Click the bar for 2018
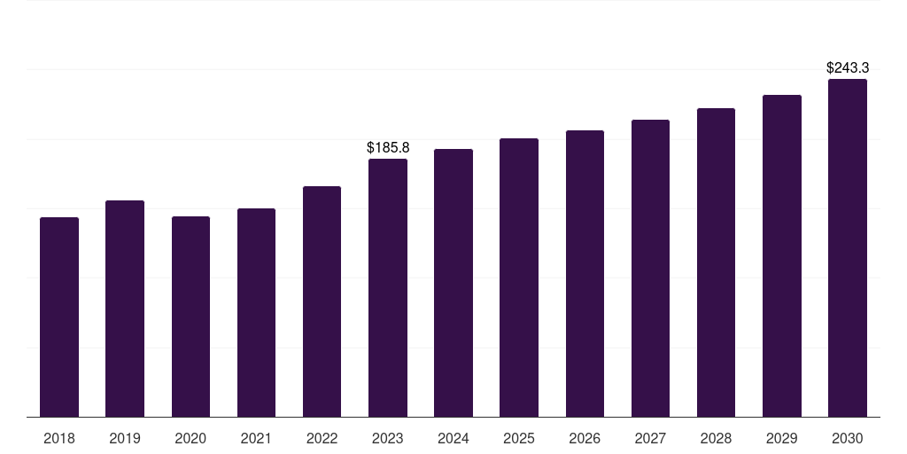click(x=59, y=317)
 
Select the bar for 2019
click(x=125, y=309)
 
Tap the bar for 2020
click(x=190, y=317)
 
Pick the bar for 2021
click(x=256, y=313)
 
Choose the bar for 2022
click(x=322, y=301)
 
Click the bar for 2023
click(x=388, y=288)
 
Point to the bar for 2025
click(x=519, y=278)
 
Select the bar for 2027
click(x=650, y=268)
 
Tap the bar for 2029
click(x=782, y=256)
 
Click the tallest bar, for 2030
click(x=848, y=248)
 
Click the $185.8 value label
click(x=388, y=148)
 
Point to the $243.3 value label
click(x=848, y=67)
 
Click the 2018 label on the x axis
click(x=59, y=438)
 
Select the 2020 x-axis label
click(x=190, y=438)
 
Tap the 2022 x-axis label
click(x=322, y=438)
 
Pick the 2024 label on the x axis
click(x=453, y=438)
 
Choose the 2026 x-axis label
click(x=585, y=438)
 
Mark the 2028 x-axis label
click(x=716, y=438)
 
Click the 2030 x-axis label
click(x=848, y=438)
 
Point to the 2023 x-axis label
click(x=388, y=438)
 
